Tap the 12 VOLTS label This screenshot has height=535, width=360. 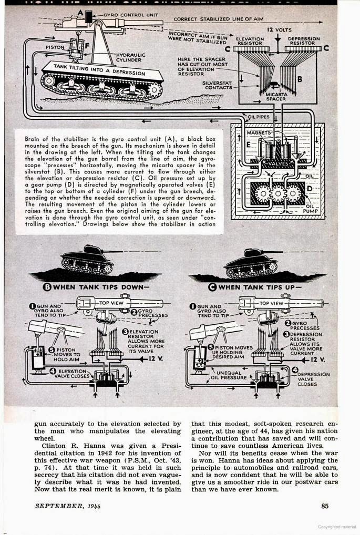tap(279, 30)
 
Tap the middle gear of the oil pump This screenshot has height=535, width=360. tap(277, 193)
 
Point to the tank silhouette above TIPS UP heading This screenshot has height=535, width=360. tap(251, 262)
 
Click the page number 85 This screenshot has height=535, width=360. tap(325, 506)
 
